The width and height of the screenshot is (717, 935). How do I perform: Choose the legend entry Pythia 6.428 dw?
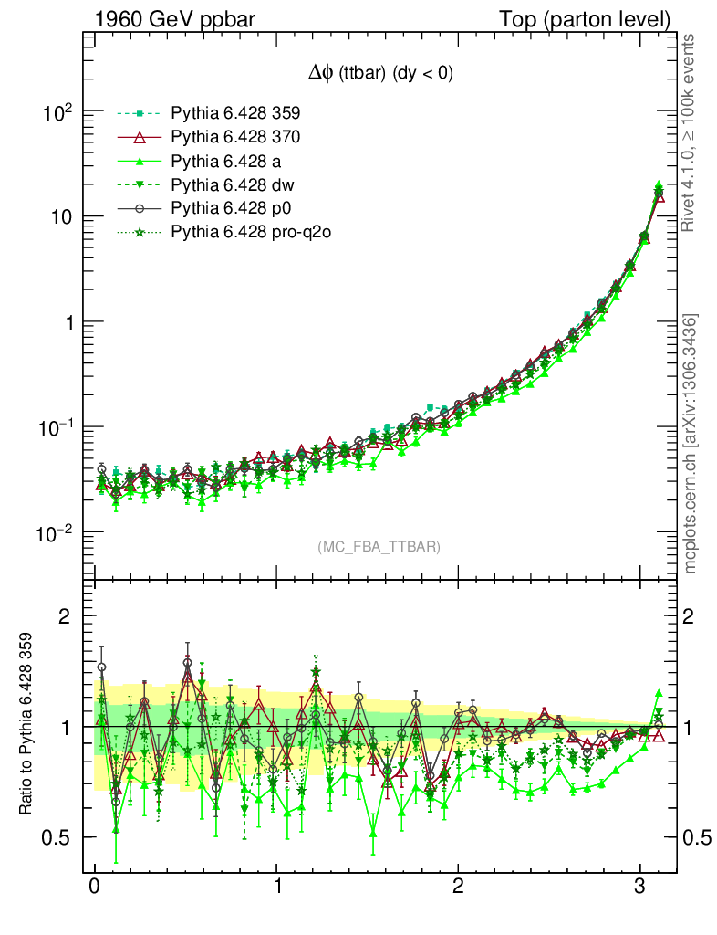232,185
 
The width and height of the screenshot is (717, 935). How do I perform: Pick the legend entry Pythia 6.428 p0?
231,209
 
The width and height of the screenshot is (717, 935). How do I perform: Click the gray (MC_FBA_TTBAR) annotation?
379,547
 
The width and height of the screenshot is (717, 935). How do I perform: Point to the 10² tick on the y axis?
57,112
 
